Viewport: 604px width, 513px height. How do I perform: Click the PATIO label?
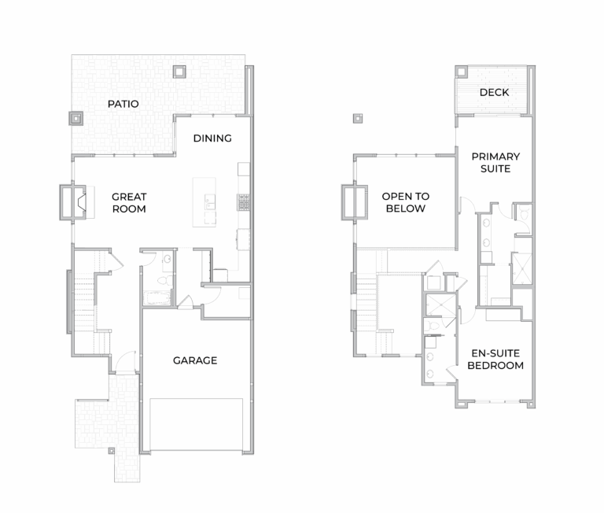123,104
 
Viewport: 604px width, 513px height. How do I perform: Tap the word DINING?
212,138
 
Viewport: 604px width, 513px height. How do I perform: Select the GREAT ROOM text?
129,203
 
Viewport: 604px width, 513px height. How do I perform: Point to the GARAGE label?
195,360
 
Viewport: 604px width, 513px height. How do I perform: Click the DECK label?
494,92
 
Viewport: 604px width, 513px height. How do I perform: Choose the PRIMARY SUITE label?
495,162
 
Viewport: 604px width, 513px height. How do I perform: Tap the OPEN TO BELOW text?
406,202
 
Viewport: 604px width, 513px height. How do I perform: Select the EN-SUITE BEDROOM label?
495,360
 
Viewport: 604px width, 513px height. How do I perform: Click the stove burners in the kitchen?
244,202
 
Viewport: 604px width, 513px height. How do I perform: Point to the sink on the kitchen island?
210,201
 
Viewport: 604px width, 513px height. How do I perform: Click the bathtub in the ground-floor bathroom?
157,298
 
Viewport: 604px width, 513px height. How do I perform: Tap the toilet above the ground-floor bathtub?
166,279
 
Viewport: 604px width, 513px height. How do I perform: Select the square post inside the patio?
179,72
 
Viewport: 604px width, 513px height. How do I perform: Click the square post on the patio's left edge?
75,118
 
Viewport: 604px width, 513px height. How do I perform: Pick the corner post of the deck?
462,72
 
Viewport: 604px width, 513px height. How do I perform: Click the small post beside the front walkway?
112,451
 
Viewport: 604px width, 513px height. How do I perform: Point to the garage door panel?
196,424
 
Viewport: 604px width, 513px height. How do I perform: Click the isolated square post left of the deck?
358,118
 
